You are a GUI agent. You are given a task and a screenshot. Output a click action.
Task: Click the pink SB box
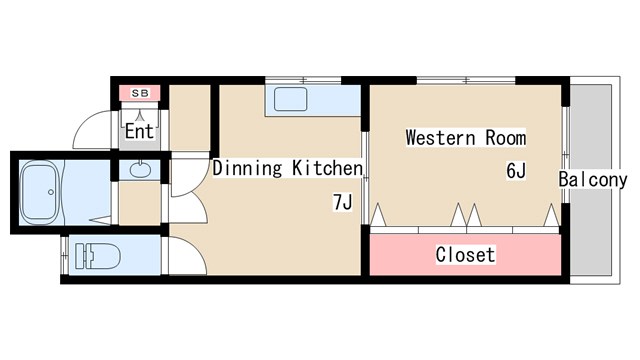(x=140, y=93)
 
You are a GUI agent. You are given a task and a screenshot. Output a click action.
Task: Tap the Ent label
(x=140, y=131)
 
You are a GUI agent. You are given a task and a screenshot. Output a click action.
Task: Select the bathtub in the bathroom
(x=41, y=192)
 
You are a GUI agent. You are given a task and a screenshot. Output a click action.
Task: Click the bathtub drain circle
(x=51, y=192)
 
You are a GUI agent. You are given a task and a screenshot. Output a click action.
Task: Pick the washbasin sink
(x=140, y=169)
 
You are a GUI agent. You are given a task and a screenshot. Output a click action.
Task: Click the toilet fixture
(x=98, y=256)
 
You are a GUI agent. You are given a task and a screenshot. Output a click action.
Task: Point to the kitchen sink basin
(x=290, y=99)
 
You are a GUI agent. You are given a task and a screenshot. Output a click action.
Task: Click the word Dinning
(x=247, y=168)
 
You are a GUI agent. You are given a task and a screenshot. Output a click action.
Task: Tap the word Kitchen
(x=327, y=168)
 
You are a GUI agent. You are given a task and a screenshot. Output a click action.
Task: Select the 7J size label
(x=342, y=202)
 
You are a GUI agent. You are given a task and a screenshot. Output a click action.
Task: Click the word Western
(x=441, y=138)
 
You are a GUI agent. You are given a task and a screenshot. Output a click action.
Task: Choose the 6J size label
(x=516, y=170)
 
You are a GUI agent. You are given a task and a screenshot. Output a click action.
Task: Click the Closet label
(x=465, y=254)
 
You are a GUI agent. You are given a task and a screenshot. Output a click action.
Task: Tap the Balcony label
(x=593, y=179)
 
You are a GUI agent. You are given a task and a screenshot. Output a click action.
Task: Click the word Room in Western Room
(x=506, y=138)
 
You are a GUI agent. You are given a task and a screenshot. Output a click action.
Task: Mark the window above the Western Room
(x=466, y=80)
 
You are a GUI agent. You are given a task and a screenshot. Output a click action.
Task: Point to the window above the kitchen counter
(x=303, y=80)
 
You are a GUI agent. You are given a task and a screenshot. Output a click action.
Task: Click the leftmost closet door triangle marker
(x=378, y=214)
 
